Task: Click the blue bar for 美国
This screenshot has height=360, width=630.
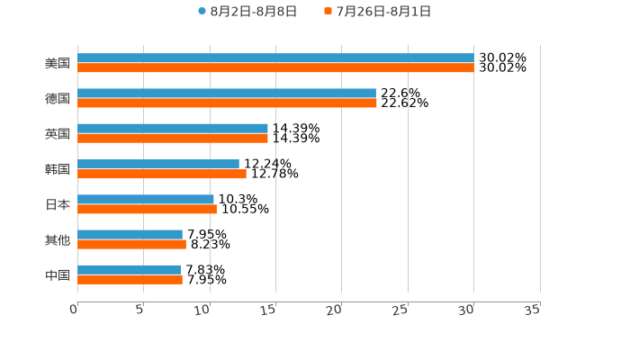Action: click(275, 58)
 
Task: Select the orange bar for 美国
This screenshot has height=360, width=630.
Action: click(275, 67)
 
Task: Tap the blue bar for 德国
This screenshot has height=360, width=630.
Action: click(227, 93)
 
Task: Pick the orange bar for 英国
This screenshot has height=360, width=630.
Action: click(173, 138)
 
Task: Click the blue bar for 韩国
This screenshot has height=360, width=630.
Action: click(158, 164)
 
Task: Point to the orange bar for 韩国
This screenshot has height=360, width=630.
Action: click(162, 174)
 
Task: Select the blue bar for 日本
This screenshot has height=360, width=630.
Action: click(146, 199)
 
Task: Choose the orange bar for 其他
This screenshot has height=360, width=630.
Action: click(131, 244)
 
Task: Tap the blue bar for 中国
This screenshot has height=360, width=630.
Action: click(129, 269)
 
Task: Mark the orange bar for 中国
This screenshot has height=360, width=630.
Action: click(130, 279)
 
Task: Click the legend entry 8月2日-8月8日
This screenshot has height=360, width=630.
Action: click(247, 12)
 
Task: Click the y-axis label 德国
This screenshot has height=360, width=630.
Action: click(58, 98)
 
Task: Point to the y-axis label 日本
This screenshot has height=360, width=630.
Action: click(58, 204)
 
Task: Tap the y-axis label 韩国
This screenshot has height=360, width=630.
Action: click(58, 169)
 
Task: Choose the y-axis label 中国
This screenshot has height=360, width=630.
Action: click(58, 274)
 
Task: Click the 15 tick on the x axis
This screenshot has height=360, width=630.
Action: click(268, 310)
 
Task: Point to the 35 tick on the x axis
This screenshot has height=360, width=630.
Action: click(532, 310)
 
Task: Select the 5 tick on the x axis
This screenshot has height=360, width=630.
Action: click(140, 310)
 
